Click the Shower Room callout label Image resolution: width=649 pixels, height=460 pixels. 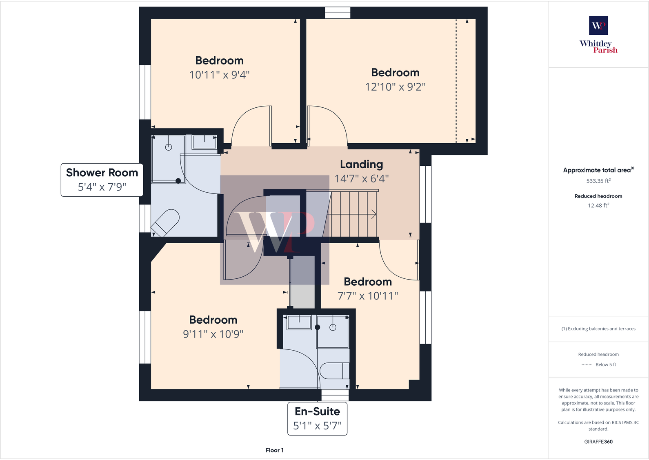click(102, 180)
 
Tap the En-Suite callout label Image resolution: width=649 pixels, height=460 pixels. click(318, 418)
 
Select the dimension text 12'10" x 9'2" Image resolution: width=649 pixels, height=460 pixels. click(395, 87)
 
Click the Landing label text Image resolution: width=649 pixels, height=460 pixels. click(361, 164)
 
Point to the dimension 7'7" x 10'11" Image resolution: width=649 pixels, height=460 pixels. click(367, 296)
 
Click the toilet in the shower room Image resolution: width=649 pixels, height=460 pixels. click(165, 223)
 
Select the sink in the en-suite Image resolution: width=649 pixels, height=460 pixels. click(299, 322)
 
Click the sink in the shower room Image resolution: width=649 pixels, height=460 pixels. click(204, 142)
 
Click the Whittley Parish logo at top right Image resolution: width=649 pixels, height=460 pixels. click(598, 35)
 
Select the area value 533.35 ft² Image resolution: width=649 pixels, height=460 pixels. click(598, 181)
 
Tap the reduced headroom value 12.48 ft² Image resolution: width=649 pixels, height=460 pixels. click(598, 206)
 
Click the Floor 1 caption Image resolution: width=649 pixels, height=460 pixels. click(274, 450)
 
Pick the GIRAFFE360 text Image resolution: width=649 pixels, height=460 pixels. click(598, 442)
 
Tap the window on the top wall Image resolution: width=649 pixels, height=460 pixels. click(338, 13)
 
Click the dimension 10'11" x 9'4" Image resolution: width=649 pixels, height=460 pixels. click(219, 75)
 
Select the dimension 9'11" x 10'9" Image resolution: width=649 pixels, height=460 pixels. click(213, 334)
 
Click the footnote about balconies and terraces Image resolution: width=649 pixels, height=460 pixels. click(598, 329)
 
